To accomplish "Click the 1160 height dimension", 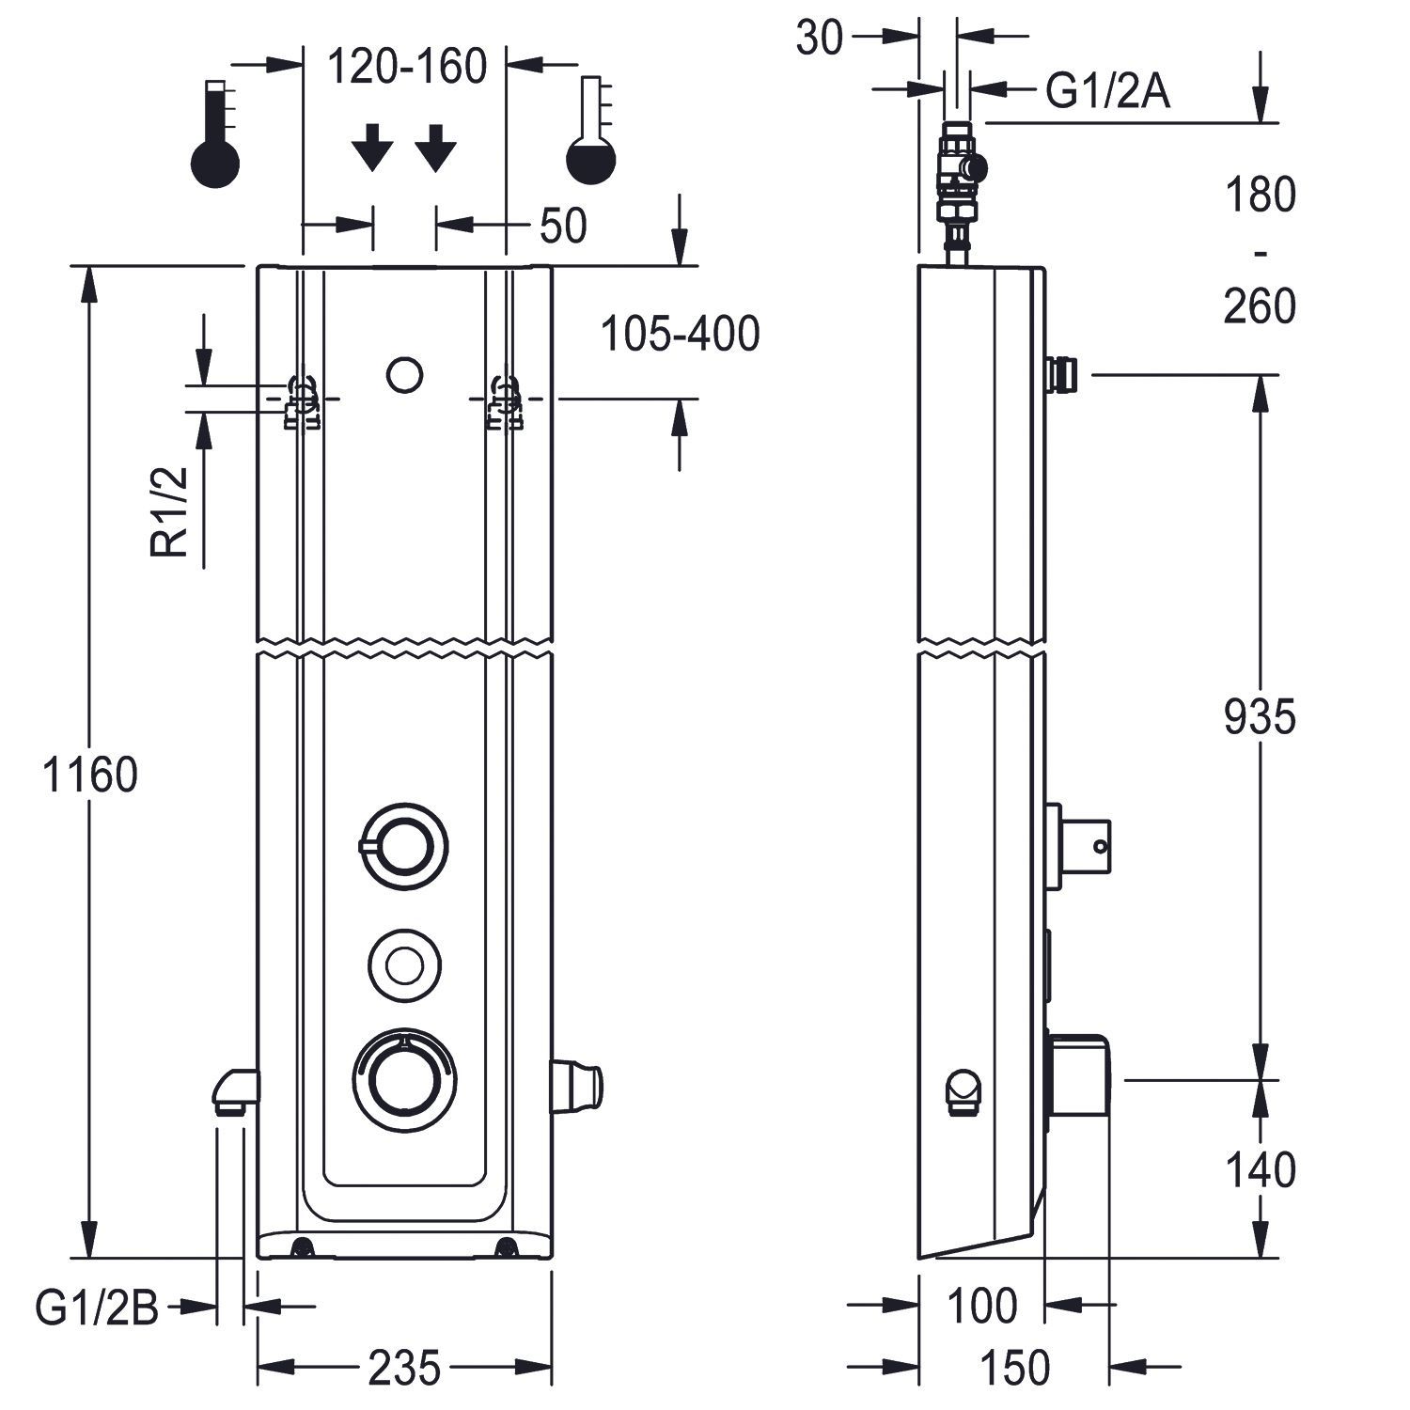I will tap(91, 776).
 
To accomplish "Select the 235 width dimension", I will tap(404, 1368).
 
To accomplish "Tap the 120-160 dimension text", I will tap(407, 67).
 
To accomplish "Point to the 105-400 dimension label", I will tap(679, 334).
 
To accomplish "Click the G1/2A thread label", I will tap(1108, 92).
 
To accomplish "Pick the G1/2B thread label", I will tap(98, 1308).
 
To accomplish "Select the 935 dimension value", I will tap(1260, 717).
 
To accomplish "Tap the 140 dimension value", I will tap(1260, 1171).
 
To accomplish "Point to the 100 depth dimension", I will tap(981, 1307).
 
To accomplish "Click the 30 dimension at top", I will tap(820, 39).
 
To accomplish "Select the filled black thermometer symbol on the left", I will tap(215, 134).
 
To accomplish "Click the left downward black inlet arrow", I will tap(373, 148).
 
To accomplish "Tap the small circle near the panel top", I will tap(404, 375).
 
